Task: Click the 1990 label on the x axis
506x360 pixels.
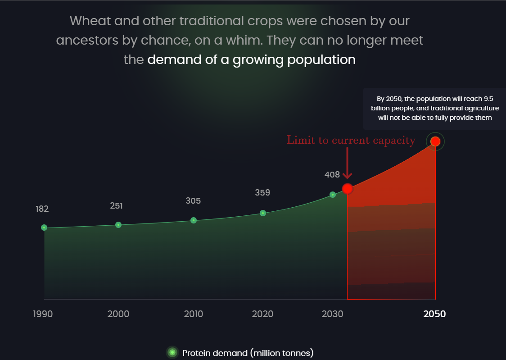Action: [x=43, y=314]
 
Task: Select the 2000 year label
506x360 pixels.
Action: [x=118, y=314]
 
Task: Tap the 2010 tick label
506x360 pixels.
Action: [x=193, y=314]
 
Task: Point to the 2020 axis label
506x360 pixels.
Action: [x=262, y=314]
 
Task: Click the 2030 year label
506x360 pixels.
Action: [x=332, y=314]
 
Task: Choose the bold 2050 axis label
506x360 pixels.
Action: [x=434, y=314]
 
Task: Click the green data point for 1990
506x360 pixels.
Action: [x=44, y=228]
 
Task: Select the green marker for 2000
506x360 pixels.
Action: [x=118, y=225]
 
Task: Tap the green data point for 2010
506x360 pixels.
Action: [x=194, y=220]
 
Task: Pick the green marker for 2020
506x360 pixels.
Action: [x=263, y=213]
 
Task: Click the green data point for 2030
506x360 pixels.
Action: [x=333, y=195]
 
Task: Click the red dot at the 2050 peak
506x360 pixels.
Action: [x=435, y=141]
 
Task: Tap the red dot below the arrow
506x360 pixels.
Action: [x=347, y=188]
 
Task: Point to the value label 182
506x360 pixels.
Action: [x=42, y=209]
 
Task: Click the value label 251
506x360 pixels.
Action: [x=116, y=205]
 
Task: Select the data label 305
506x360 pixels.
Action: [x=193, y=201]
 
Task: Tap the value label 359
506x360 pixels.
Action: [x=262, y=193]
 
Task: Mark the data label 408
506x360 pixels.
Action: [x=332, y=175]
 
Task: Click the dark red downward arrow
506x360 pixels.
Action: [x=347, y=163]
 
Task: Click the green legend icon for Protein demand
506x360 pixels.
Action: [x=172, y=352]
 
